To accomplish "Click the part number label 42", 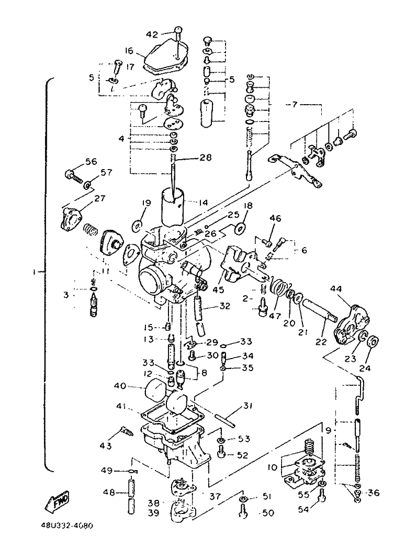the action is point(152,35).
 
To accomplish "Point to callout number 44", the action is point(335,289).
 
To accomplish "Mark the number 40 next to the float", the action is point(120,386).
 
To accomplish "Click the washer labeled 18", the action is point(240,228).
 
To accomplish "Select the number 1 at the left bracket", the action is point(34,272).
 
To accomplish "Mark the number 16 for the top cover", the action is point(129,51).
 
